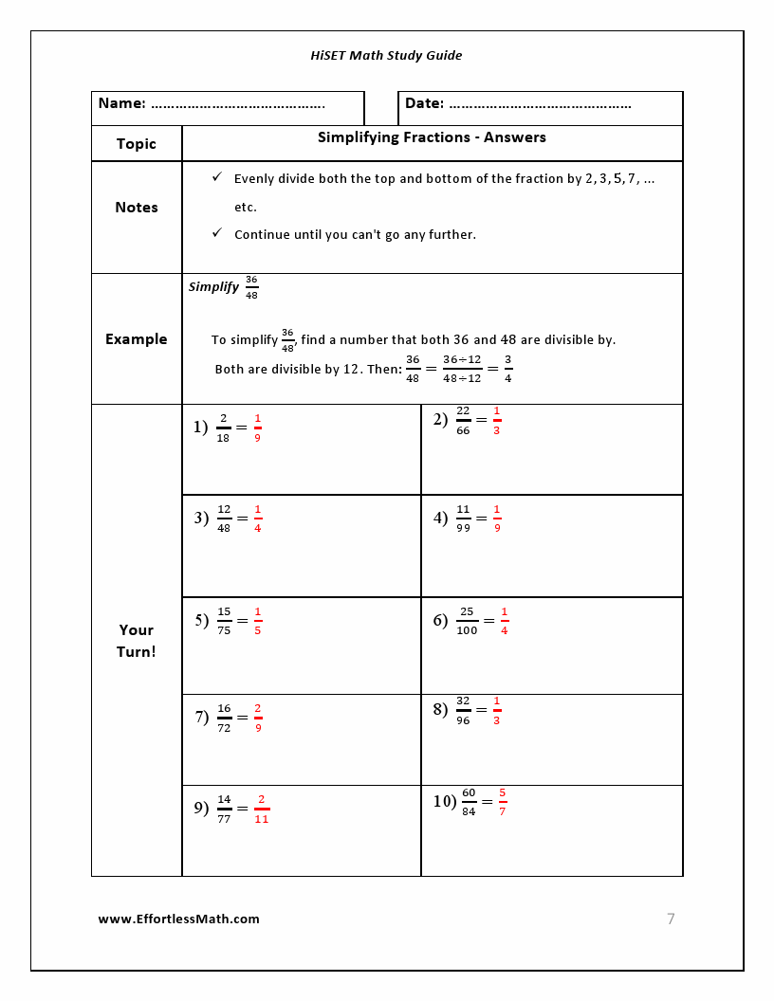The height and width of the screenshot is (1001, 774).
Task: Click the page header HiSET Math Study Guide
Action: click(x=386, y=55)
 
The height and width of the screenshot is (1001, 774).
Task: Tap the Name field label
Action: click(x=121, y=103)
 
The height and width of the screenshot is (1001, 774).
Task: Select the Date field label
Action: click(x=424, y=103)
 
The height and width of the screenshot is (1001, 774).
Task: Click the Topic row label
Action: click(x=136, y=144)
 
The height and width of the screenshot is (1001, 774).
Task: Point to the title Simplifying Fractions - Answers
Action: click(x=432, y=137)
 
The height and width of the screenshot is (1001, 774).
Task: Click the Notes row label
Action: click(x=136, y=208)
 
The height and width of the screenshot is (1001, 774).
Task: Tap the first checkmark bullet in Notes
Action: click(x=217, y=177)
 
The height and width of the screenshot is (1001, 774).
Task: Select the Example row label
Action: click(x=136, y=339)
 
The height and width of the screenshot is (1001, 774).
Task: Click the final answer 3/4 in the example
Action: click(x=508, y=369)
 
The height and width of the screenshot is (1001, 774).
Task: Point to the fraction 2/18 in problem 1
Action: click(x=223, y=428)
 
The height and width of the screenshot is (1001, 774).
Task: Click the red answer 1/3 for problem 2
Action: click(x=497, y=420)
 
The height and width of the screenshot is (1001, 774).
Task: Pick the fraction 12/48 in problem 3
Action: click(x=224, y=519)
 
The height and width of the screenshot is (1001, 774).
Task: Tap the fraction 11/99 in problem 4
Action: click(x=463, y=519)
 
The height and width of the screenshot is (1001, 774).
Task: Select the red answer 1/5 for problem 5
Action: click(x=258, y=621)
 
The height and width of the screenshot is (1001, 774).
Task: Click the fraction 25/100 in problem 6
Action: click(x=467, y=621)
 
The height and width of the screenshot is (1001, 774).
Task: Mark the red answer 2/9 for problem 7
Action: click(x=258, y=718)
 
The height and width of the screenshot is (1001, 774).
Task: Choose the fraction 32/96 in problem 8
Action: click(x=463, y=710)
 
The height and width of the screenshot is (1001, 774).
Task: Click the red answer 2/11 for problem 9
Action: click(x=262, y=809)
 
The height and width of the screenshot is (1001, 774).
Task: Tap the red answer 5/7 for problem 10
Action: click(x=503, y=801)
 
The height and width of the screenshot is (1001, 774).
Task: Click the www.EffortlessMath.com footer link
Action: click(x=178, y=919)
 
